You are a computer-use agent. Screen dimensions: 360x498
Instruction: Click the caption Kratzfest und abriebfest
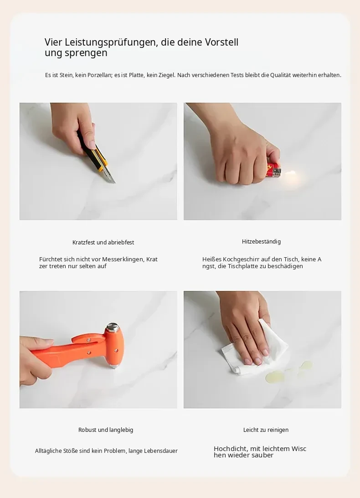click(103, 242)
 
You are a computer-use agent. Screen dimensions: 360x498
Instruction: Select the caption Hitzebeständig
click(261, 242)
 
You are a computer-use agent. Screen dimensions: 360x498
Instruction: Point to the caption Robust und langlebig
click(106, 430)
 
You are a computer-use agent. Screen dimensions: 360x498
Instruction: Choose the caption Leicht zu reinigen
click(266, 430)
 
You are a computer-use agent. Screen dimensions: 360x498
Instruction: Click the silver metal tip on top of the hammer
click(112, 327)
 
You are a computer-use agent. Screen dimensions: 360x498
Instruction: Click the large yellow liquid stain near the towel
click(275, 377)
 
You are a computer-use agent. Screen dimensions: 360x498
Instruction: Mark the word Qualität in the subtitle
click(280, 75)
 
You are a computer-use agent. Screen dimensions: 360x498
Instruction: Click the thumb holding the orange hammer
click(43, 343)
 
